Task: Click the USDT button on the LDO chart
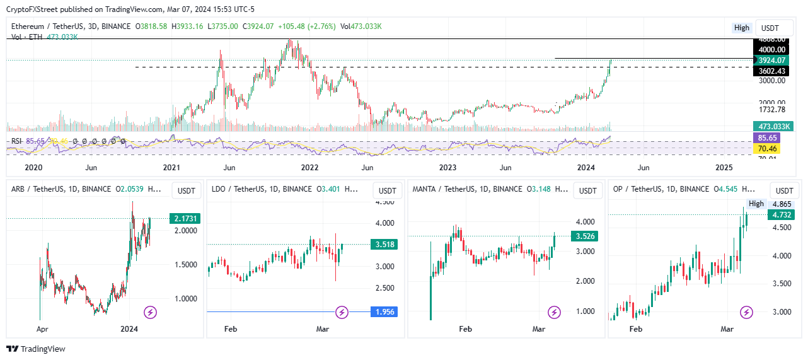tap(387, 190)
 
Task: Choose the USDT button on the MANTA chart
tap(587, 190)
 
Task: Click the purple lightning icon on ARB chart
tap(150, 311)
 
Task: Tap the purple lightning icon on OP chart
tap(746, 311)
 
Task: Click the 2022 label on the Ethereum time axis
tap(309, 167)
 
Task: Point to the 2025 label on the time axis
tap(724, 167)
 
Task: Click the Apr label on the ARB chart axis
tap(42, 328)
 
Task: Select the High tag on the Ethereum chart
tap(742, 28)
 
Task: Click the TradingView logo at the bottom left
tap(36, 349)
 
